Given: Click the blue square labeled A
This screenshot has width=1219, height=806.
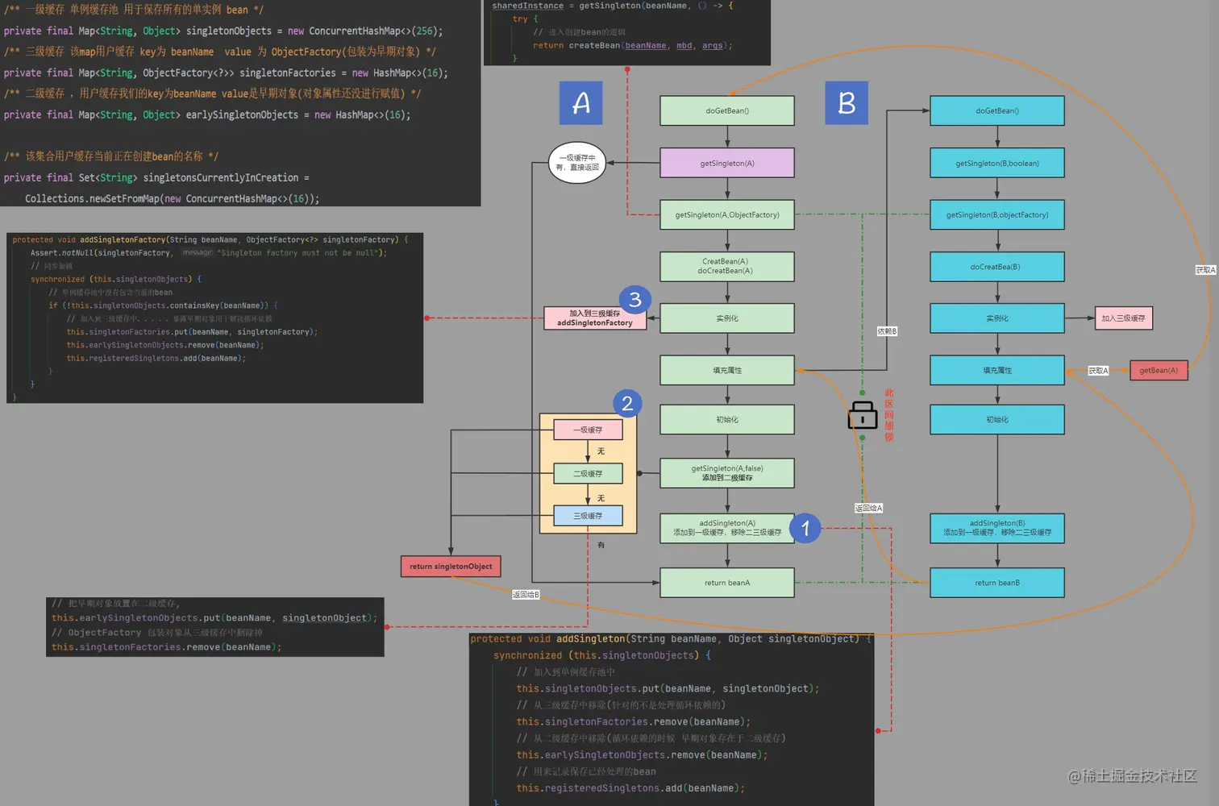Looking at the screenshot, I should (580, 102).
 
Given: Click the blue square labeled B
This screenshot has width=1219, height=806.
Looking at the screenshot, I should (846, 102).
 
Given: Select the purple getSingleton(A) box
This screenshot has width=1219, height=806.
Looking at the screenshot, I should (727, 163).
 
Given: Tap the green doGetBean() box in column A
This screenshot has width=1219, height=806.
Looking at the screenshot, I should (727, 111).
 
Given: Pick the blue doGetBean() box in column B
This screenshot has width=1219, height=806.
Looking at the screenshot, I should (996, 111).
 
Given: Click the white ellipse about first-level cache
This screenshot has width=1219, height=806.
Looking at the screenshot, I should (576, 163).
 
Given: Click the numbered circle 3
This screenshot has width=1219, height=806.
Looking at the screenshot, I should (634, 300).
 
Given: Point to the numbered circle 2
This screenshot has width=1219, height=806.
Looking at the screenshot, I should (626, 404).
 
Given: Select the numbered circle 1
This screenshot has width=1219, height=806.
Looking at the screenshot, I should (805, 529).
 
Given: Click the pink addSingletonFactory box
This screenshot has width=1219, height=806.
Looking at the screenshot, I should (595, 318).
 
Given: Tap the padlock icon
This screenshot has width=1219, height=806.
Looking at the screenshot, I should (862, 415).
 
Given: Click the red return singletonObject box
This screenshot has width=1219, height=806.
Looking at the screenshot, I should (451, 567).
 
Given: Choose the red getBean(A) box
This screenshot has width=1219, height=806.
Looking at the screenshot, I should (1159, 371).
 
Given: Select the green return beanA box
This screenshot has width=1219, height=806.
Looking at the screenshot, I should (727, 583).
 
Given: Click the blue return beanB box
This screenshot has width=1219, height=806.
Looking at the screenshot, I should (996, 583).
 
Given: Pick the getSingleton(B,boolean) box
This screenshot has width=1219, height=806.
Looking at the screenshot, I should (996, 163).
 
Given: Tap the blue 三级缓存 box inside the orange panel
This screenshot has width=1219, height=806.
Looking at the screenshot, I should (588, 516).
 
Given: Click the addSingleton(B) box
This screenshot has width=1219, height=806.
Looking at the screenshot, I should (996, 529).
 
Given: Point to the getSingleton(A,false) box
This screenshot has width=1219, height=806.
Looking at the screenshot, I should (727, 473).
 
